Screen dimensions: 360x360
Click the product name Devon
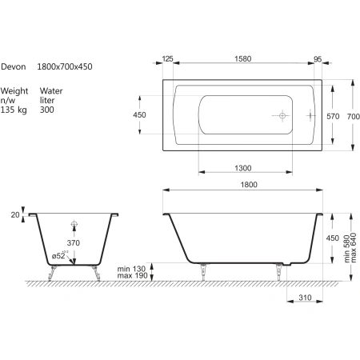pos(14,66)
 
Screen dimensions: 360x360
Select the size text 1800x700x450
pos(65,66)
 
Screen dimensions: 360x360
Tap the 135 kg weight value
pos(14,110)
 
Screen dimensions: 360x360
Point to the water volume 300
pos(47,110)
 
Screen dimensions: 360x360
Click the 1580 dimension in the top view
pos(243,58)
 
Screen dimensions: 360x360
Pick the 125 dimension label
pos(168,58)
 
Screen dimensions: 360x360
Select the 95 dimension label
pos(318,59)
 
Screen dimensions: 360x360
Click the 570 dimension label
pos(333,116)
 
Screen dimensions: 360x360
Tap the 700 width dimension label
pos(354,116)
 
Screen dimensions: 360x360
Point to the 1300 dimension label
pos(243,168)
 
